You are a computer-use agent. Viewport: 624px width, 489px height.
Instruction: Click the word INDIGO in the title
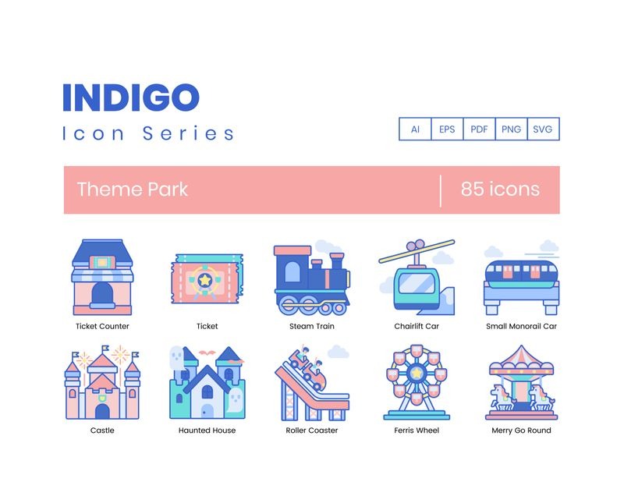point(131,97)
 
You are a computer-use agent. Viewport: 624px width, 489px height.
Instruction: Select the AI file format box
point(415,129)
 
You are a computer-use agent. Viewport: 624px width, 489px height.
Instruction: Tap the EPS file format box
point(447,129)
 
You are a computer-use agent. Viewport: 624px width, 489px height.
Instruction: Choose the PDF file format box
point(479,129)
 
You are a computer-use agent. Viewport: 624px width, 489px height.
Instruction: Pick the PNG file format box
point(512,129)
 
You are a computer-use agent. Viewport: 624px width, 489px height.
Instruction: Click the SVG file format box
point(543,129)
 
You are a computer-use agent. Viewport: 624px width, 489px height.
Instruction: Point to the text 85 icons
point(500,189)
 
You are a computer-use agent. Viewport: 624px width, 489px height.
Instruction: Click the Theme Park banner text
point(132,190)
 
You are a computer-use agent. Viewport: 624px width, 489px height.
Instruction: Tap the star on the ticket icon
point(204,280)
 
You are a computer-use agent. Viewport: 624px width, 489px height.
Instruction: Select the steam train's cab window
point(292,272)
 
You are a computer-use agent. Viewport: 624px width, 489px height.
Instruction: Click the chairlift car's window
point(417,284)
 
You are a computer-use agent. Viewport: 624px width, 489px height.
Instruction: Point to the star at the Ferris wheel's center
point(417,373)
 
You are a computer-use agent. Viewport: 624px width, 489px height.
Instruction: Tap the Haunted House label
point(207,430)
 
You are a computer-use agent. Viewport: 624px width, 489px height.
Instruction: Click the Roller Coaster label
point(311,430)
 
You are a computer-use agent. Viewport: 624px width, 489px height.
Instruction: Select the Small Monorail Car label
point(521,326)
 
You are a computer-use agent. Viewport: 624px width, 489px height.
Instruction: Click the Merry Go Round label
point(521,430)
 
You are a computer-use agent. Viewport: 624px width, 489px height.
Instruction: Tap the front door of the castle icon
point(102,412)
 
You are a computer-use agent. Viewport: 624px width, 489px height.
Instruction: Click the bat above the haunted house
point(207,353)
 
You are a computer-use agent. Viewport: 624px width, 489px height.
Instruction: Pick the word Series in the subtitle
point(188,133)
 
